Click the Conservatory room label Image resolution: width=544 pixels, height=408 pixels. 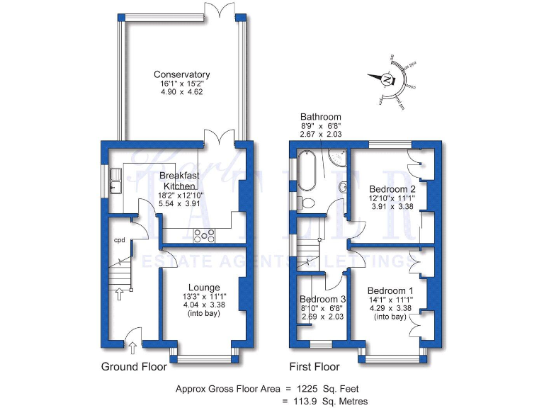pyautogui.click(x=182, y=74)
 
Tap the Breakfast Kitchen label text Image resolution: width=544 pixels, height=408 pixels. pyautogui.click(x=177, y=181)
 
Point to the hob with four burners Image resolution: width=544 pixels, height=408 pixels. pyautogui.click(x=205, y=235)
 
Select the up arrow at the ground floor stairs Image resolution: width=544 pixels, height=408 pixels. pyautogui.click(x=119, y=293)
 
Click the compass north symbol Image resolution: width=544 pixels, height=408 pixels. pyautogui.click(x=387, y=79)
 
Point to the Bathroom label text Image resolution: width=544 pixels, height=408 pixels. pyautogui.click(x=320, y=117)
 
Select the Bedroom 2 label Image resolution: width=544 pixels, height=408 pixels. pyautogui.click(x=392, y=189)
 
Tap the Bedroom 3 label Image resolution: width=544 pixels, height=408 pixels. pyautogui.click(x=322, y=300)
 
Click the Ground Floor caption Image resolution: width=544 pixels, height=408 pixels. pyautogui.click(x=134, y=367)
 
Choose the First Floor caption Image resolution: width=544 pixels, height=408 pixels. pyautogui.click(x=314, y=367)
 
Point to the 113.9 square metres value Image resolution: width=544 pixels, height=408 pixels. pyautogui.click(x=307, y=402)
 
